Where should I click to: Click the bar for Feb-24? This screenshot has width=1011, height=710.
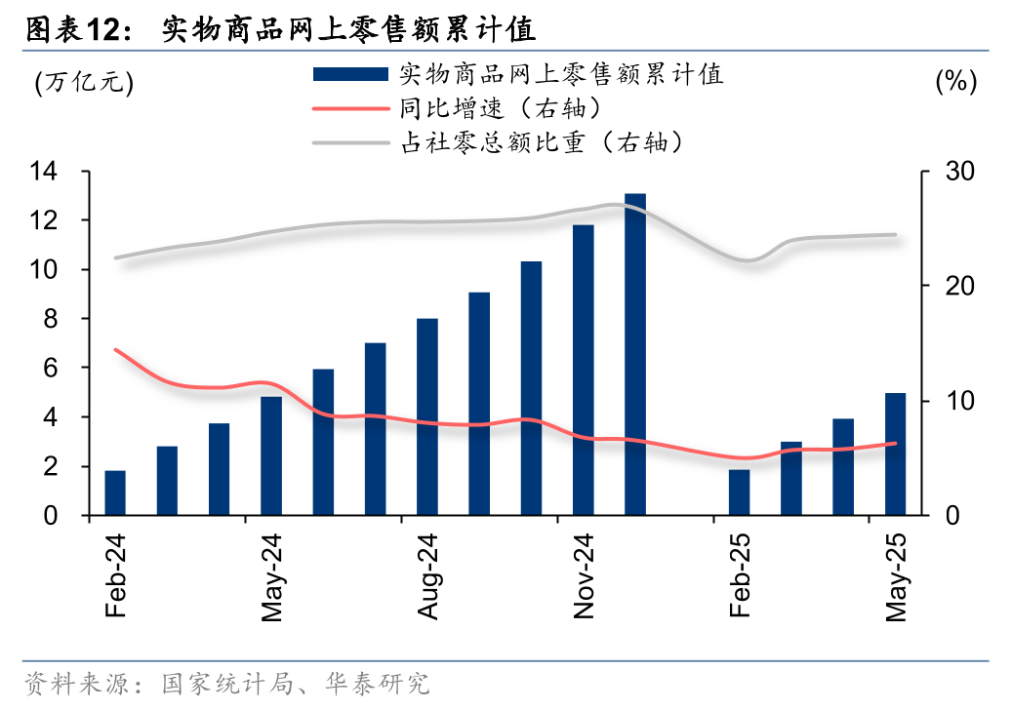[115, 493]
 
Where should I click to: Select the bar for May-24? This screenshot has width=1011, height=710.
[271, 455]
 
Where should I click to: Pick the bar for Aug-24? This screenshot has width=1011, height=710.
[427, 416]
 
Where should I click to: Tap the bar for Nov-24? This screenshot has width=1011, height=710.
[584, 370]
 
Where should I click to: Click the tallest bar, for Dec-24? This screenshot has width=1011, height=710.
[635, 354]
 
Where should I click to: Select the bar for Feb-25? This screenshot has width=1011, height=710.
[740, 492]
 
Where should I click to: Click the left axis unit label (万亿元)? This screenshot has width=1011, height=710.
[84, 82]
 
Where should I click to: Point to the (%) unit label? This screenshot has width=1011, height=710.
[955, 82]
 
